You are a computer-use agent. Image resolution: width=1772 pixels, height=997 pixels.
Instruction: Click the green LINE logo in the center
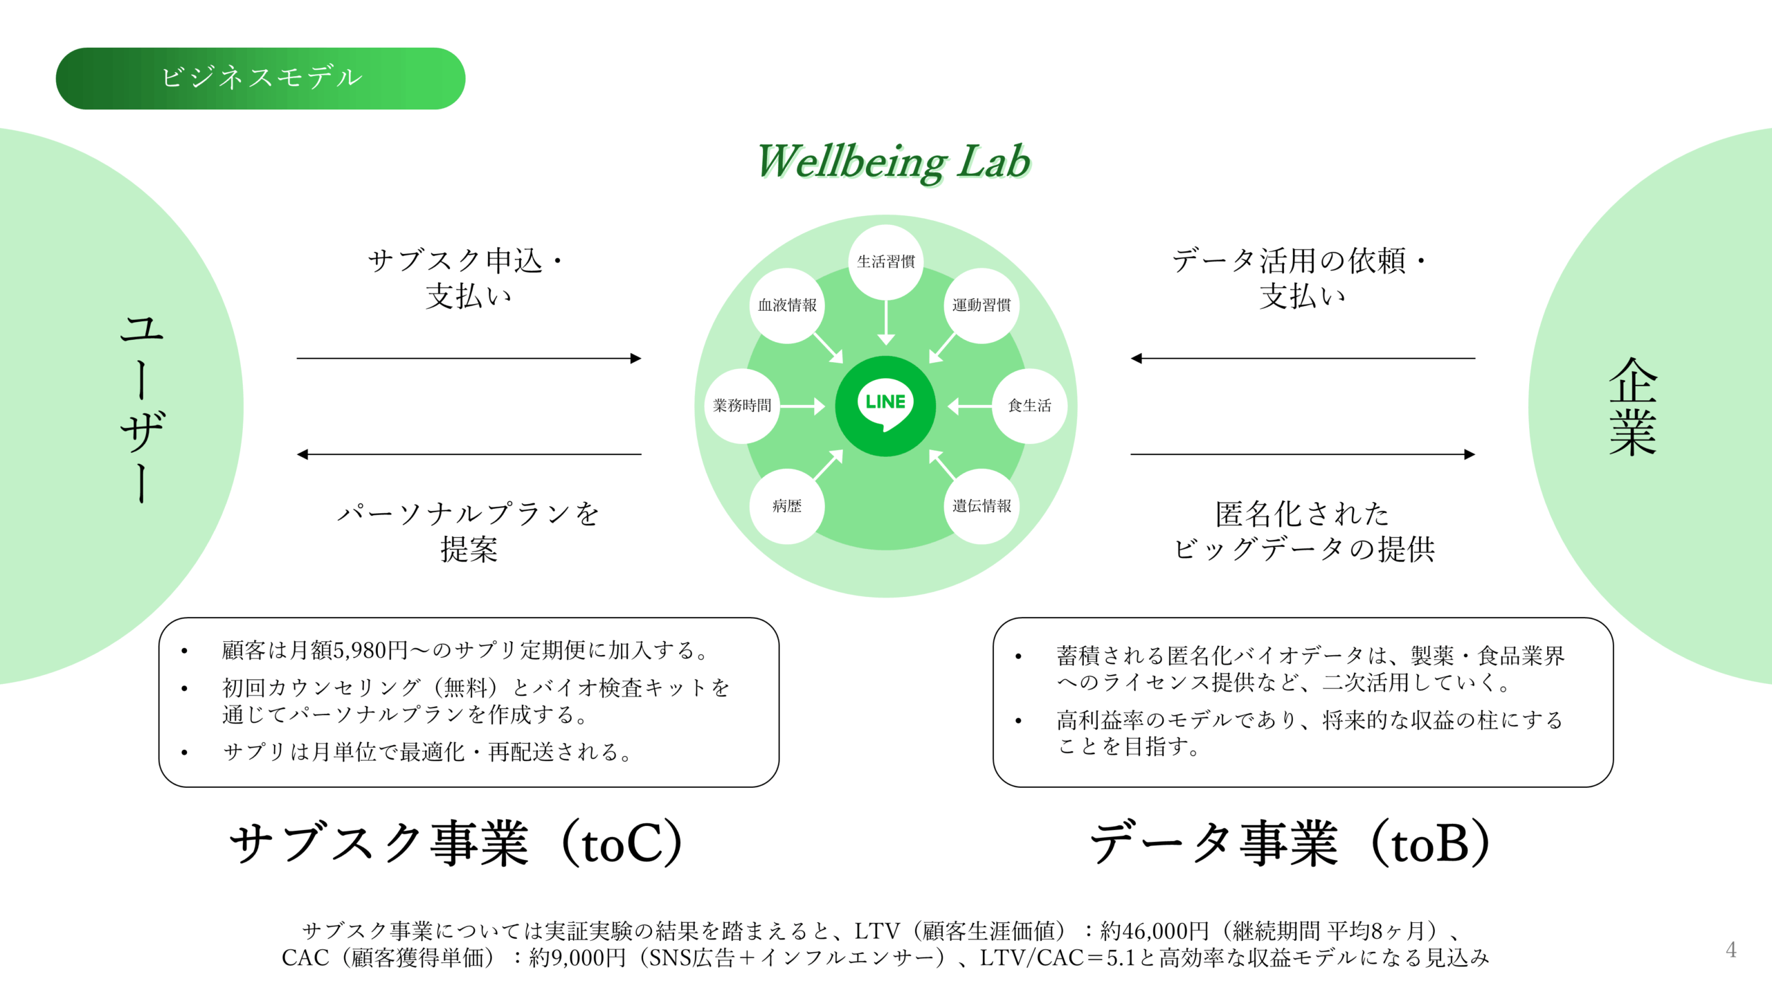pos(885,406)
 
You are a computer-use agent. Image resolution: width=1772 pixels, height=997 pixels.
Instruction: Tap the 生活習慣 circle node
pos(885,262)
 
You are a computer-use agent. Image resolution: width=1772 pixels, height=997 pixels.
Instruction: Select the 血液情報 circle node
pos(787,305)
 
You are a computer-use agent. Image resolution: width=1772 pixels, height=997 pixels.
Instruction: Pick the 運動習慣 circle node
pos(981,305)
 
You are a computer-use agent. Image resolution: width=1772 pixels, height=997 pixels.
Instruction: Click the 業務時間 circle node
pos(742,406)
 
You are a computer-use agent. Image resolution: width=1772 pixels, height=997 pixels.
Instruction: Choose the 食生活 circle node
pos(1029,406)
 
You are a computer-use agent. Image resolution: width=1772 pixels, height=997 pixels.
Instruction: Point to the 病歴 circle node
pos(787,506)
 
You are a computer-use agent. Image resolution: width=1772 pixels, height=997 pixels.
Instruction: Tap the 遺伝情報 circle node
pos(982,506)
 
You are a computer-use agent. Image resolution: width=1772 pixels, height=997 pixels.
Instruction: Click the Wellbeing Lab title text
pos(893,162)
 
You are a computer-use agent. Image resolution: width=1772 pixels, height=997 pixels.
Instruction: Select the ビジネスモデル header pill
pos(260,78)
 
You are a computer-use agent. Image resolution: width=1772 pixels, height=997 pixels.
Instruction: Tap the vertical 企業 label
pos(1632,407)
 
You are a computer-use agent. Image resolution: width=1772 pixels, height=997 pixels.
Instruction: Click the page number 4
pos(1730,949)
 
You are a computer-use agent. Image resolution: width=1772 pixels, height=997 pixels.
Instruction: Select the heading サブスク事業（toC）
pos(457,844)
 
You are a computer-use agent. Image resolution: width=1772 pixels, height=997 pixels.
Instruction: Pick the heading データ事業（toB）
pos(1290,844)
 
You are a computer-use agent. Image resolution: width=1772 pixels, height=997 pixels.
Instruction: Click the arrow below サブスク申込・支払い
pos(469,359)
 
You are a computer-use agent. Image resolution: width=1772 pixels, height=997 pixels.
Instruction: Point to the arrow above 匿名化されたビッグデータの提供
pos(1302,455)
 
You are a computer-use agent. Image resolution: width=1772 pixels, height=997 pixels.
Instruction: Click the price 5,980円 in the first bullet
pos(370,651)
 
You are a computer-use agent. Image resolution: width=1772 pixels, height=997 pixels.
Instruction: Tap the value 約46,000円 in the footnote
pos(1155,931)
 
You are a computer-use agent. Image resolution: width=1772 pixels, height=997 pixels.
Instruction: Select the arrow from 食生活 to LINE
pos(969,406)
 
